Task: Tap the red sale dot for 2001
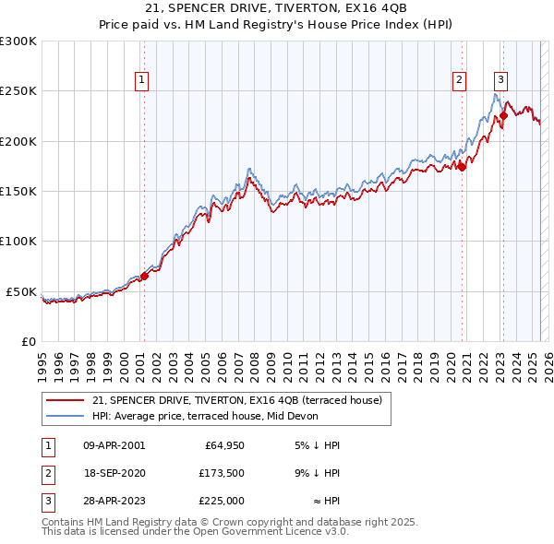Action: click(144, 277)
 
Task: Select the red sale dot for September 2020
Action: click(462, 167)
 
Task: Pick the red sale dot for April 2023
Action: click(504, 116)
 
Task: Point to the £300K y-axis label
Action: click(18, 41)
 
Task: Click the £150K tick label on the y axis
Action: click(18, 192)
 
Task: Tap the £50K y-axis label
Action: click(22, 291)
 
